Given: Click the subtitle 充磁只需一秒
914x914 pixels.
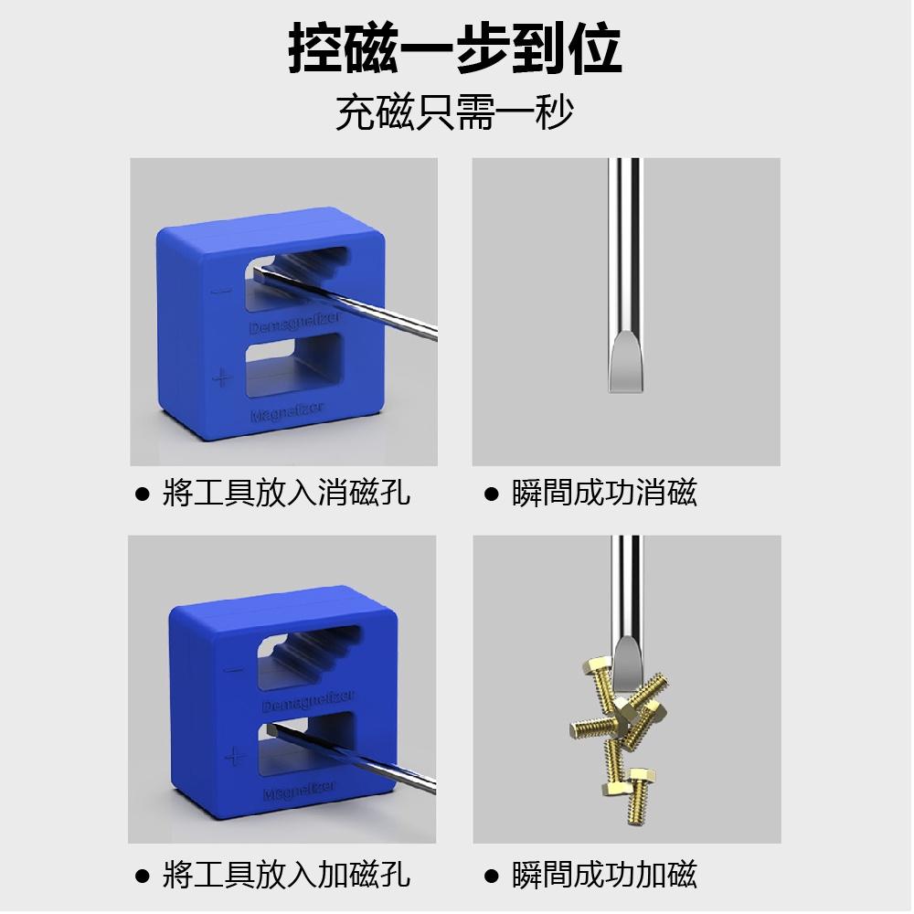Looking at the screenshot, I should tap(454, 112).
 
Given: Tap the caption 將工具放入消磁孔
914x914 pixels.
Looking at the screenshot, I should tap(286, 494).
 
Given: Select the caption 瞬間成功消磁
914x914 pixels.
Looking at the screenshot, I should tap(604, 494).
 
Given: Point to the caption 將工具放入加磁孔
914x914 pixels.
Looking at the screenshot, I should tap(286, 875).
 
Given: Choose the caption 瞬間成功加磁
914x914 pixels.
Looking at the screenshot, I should tap(604, 875).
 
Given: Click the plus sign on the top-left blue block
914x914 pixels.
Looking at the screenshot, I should tap(220, 377).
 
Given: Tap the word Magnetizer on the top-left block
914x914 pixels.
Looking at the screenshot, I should tap(286, 413).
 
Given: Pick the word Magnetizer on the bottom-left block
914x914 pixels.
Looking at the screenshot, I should tap(299, 791).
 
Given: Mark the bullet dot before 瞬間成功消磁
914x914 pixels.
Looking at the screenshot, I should tap(492, 494).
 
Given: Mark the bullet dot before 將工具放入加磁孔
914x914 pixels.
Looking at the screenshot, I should tap(142, 876).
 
